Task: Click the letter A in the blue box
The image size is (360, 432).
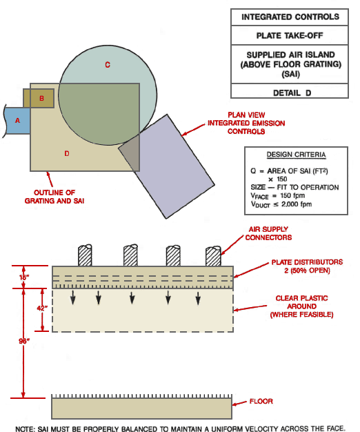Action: point(17,120)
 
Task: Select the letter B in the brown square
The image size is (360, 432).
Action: point(42,99)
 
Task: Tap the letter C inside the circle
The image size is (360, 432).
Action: point(108,64)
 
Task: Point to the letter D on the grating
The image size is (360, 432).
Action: point(67,153)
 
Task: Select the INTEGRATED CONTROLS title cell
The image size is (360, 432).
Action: point(290,16)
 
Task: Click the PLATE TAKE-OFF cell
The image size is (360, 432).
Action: point(290,35)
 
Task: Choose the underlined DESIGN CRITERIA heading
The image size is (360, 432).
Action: point(296,155)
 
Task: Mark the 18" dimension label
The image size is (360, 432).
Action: point(24,277)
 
